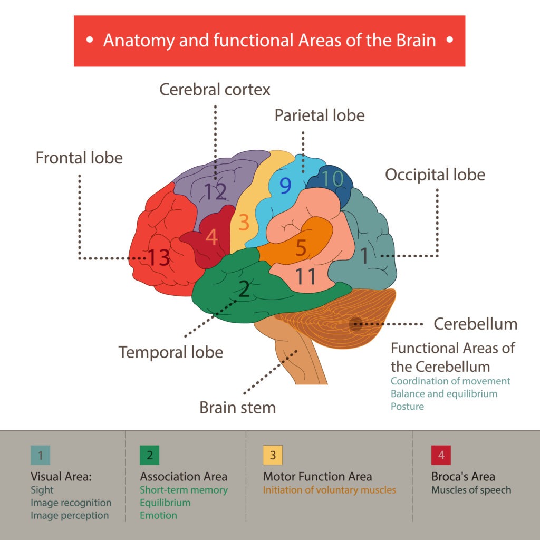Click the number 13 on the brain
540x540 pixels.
(x=158, y=257)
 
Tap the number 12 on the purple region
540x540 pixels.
(x=215, y=192)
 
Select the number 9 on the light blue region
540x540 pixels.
(x=285, y=185)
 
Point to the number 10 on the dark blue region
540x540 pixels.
(x=332, y=179)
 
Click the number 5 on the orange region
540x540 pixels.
(x=301, y=248)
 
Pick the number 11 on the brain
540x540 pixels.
(x=305, y=276)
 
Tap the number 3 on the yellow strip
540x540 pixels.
(x=244, y=223)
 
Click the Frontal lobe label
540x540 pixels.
(x=79, y=157)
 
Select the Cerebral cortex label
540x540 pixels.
(x=215, y=89)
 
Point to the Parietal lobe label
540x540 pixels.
(x=320, y=115)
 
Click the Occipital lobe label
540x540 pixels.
(x=435, y=175)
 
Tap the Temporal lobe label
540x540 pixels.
(x=171, y=352)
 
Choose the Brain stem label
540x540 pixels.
(x=237, y=407)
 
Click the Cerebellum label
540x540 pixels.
(x=475, y=324)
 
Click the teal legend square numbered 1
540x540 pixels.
(x=40, y=455)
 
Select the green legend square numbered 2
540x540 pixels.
(x=149, y=455)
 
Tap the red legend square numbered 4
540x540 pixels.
(x=441, y=455)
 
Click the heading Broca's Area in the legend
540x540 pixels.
(x=463, y=477)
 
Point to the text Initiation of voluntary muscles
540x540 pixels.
(x=329, y=490)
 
